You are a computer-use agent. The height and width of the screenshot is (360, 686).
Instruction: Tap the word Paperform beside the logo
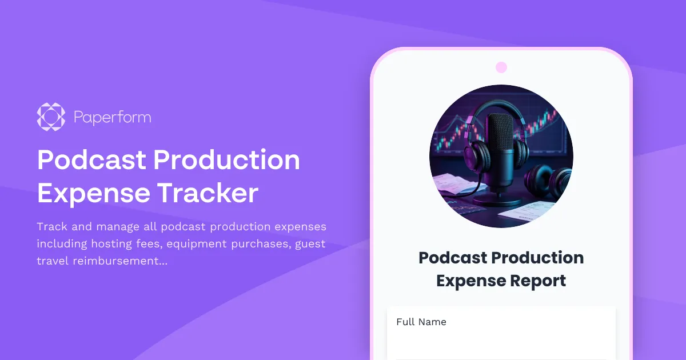tap(113, 118)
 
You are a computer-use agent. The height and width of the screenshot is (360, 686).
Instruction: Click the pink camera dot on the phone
tap(501, 67)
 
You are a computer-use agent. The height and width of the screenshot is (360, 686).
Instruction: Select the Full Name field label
tap(421, 322)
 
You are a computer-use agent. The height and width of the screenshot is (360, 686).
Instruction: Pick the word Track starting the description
tap(51, 227)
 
